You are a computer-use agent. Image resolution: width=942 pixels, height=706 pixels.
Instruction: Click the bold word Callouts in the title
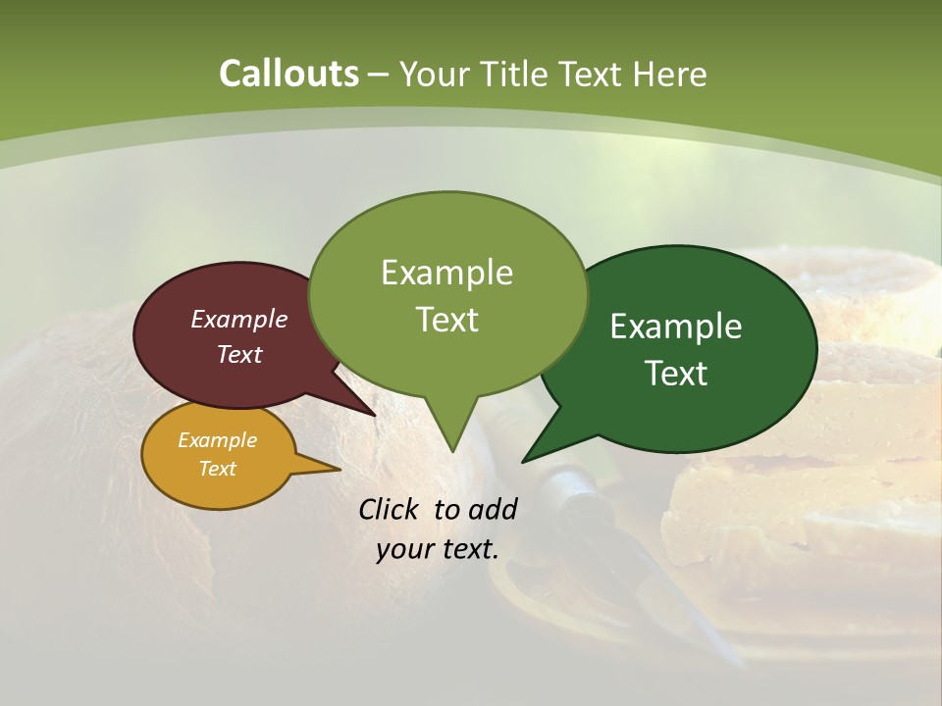(288, 74)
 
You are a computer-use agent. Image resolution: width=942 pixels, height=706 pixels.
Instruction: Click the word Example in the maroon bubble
(239, 319)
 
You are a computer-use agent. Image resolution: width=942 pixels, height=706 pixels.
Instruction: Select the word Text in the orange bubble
(218, 469)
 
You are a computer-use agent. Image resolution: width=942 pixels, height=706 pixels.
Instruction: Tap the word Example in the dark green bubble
(676, 327)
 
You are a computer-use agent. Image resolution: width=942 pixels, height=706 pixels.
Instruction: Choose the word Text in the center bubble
(447, 319)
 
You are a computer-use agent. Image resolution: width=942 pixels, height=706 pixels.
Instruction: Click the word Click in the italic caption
(388, 509)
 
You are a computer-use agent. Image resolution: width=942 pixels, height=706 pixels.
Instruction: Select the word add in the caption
(493, 509)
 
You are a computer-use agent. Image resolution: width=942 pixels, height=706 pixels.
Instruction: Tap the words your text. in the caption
(438, 549)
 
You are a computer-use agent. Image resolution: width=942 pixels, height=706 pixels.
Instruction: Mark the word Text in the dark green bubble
(676, 373)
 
